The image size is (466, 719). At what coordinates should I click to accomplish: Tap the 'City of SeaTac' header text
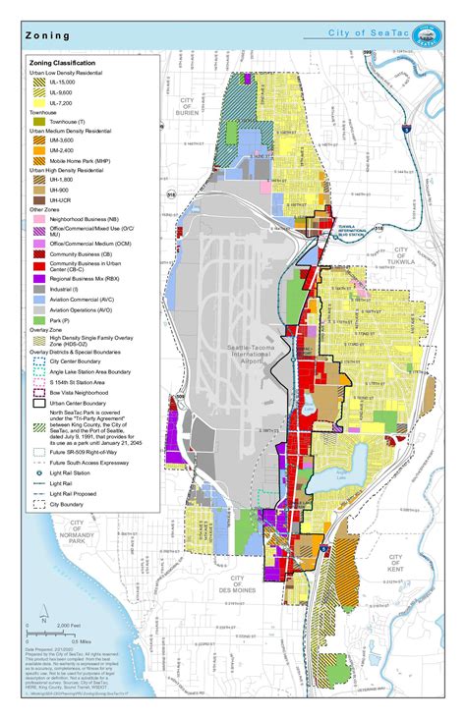point(374,34)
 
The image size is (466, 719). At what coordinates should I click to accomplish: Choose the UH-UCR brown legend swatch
point(41,199)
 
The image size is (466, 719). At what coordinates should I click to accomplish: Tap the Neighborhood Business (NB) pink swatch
point(41,218)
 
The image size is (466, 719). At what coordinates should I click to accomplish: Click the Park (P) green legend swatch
point(41,320)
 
